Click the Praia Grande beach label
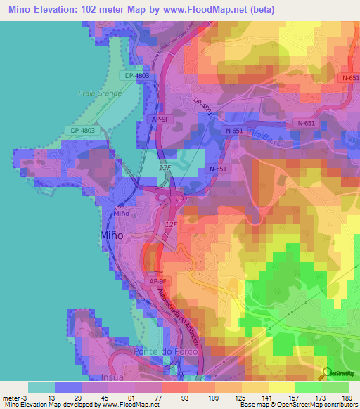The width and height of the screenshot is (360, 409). pyautogui.click(x=100, y=93)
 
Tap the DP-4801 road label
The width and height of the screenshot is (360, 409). pyautogui.click(x=202, y=105)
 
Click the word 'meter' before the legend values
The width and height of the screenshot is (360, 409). pyautogui.click(x=12, y=397)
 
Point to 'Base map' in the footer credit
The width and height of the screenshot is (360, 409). pyautogui.click(x=255, y=405)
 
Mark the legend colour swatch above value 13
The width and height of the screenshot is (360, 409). pyautogui.click(x=68, y=387)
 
